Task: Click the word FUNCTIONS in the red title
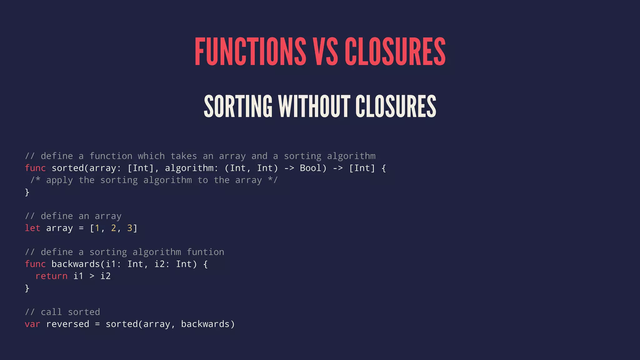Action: (250, 51)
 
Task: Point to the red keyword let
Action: (32, 228)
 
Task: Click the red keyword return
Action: (51, 276)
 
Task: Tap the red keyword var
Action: (32, 324)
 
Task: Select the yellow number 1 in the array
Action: (97, 228)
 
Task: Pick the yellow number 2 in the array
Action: (113, 228)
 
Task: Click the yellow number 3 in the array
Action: (130, 228)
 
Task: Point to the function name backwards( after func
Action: (76, 264)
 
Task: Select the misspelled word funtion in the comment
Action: (205, 252)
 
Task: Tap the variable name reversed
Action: (67, 324)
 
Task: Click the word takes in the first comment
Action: (184, 156)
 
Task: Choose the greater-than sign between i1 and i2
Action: (92, 276)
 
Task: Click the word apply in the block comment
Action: (59, 180)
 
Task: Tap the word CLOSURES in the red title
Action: (395, 51)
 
